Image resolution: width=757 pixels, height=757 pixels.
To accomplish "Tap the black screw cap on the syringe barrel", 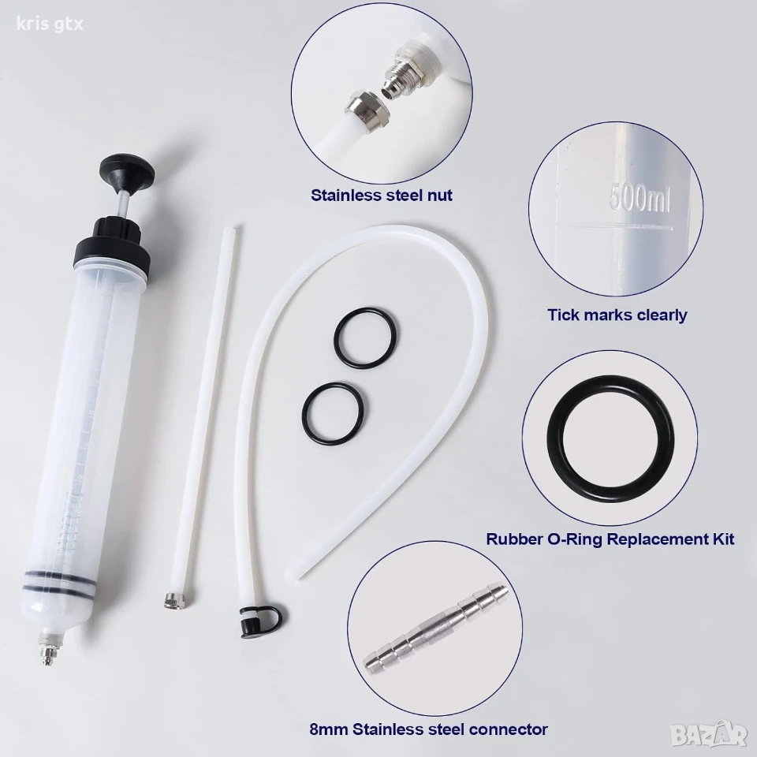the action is tap(111, 244).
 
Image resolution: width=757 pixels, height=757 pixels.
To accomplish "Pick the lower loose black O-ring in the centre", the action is tap(334, 412).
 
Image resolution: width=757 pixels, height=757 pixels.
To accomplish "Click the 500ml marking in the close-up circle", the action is tap(640, 196).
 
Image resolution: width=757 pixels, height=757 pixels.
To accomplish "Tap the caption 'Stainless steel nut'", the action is tap(382, 196).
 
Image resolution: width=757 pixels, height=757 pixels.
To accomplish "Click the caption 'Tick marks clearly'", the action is tap(617, 315).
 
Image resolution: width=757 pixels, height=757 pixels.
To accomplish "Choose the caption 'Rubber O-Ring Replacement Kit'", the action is tap(610, 539).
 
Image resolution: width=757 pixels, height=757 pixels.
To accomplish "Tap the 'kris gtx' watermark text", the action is tap(50, 24).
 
